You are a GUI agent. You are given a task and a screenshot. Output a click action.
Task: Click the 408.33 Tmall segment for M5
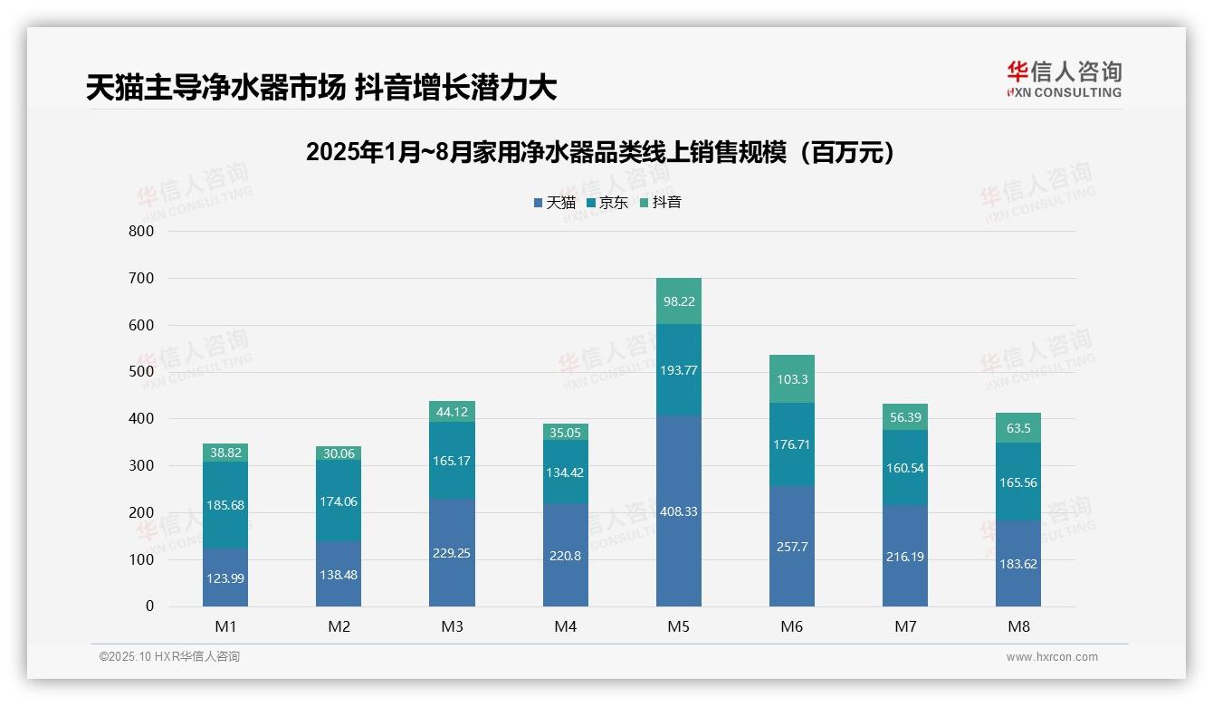(x=678, y=511)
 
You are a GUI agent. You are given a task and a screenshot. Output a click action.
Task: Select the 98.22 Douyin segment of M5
(x=678, y=301)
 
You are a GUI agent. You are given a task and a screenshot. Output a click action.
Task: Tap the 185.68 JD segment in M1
(x=225, y=504)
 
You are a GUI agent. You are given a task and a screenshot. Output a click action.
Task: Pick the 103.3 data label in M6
(x=792, y=379)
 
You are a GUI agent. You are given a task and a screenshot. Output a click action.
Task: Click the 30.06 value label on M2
(x=339, y=453)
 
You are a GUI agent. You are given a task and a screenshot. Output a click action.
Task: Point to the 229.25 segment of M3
(x=452, y=552)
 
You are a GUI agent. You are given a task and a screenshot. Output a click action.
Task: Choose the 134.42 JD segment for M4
(x=565, y=472)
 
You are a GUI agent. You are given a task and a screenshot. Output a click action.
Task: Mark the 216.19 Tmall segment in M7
(x=904, y=556)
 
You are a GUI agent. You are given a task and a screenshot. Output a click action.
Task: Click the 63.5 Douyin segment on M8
(x=1017, y=428)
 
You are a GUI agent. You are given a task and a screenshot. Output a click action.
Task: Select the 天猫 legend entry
(x=554, y=203)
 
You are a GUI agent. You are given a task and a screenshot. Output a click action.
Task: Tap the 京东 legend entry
(x=607, y=203)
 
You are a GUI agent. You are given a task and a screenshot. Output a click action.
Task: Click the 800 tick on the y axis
(x=141, y=231)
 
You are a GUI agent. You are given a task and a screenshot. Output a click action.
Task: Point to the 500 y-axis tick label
(x=141, y=372)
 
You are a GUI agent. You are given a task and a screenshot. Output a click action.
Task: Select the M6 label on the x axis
(x=791, y=626)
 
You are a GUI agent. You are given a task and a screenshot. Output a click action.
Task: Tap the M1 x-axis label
(x=225, y=626)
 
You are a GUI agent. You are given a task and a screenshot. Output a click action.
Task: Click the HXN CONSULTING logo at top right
(x=1064, y=80)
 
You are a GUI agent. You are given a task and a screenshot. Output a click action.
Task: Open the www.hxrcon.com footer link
(x=1052, y=657)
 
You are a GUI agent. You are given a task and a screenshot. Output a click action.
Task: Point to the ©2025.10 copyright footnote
(x=169, y=657)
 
